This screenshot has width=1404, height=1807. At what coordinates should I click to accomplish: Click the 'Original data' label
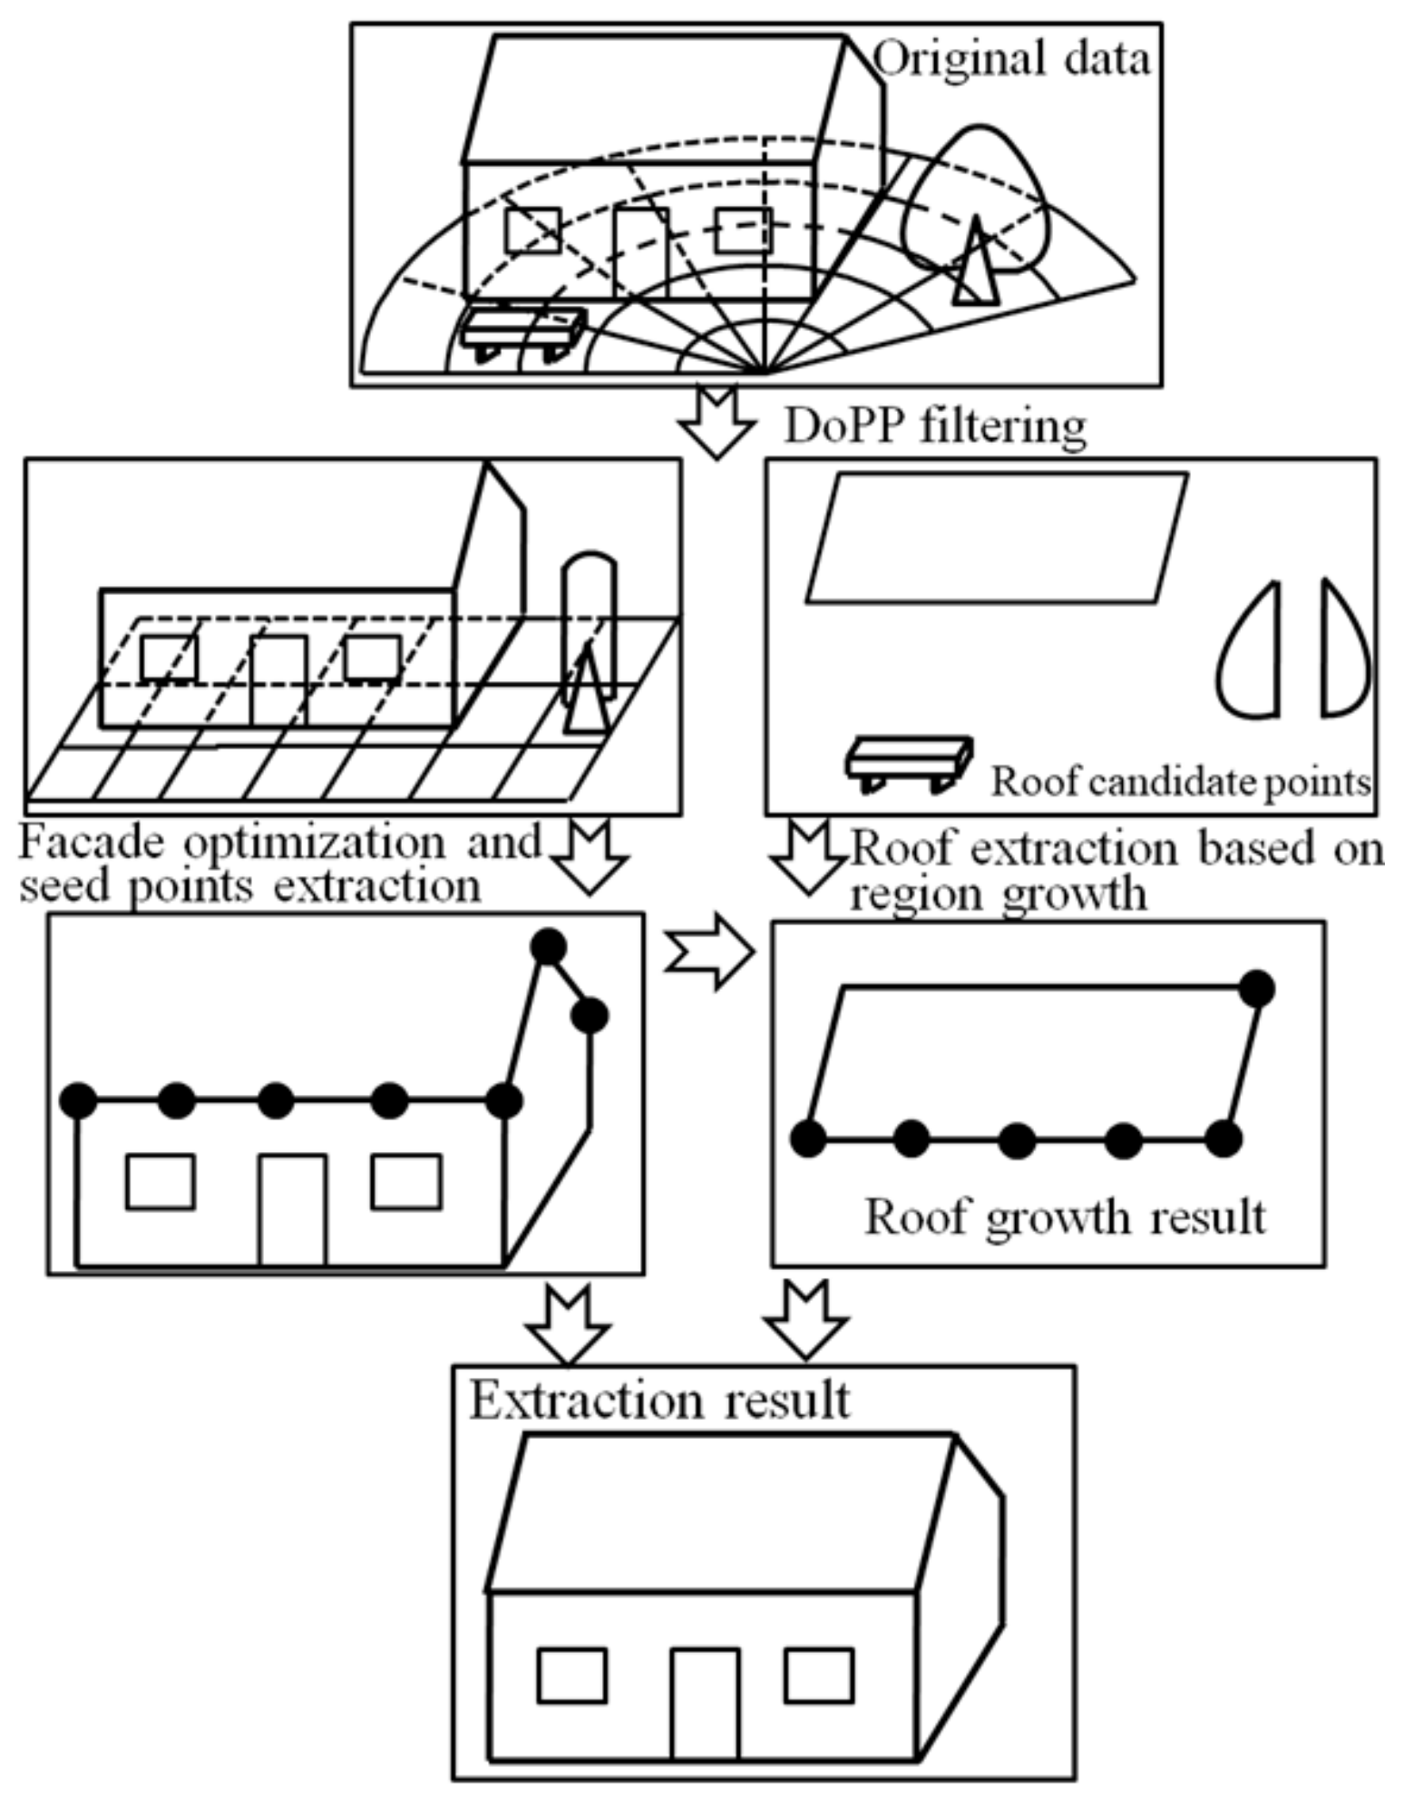1010,60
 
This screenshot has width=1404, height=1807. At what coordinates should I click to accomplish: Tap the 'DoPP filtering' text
934,425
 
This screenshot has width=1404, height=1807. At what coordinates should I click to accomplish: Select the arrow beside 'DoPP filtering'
717,424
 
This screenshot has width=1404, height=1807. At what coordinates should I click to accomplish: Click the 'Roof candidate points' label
1179,782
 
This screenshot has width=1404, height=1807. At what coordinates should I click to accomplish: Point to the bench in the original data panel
522,330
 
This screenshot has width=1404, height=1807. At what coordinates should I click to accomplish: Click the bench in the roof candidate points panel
908,760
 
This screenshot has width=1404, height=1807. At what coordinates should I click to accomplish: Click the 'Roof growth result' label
1064,1216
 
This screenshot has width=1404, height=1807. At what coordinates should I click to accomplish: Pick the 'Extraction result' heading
659,1401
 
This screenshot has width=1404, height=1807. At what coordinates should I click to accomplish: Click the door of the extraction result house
705,1703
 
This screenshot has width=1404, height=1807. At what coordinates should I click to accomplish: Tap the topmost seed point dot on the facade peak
548,947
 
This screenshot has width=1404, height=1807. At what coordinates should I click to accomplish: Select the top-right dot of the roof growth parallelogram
1256,988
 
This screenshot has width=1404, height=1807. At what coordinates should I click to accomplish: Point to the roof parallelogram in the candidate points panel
996,538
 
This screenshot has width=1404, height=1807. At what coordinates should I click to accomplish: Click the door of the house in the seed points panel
292,1209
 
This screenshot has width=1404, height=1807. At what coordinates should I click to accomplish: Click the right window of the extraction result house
818,1675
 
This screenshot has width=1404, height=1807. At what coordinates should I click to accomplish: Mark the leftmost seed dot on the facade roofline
78,1100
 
